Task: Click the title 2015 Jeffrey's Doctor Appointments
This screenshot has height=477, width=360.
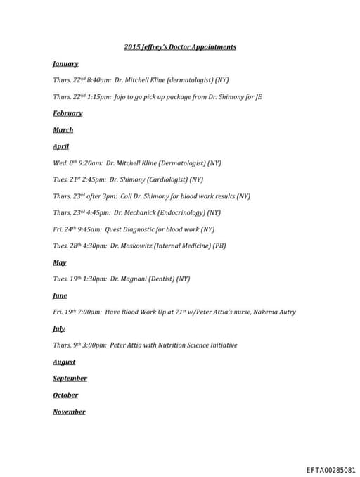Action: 180,47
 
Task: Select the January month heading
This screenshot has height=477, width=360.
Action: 65,64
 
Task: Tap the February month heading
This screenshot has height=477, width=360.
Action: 67,113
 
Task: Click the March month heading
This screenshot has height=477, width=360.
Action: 63,130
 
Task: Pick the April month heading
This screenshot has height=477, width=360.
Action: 61,146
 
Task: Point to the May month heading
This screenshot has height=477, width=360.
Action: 60,262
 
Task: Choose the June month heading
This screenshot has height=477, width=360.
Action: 60,295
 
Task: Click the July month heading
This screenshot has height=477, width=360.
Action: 59,329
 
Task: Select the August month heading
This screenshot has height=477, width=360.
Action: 64,362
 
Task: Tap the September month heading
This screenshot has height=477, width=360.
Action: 69,379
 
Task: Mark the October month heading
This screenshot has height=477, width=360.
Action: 65,395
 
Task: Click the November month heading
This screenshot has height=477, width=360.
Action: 69,412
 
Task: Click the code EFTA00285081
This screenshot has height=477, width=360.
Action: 330,469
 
